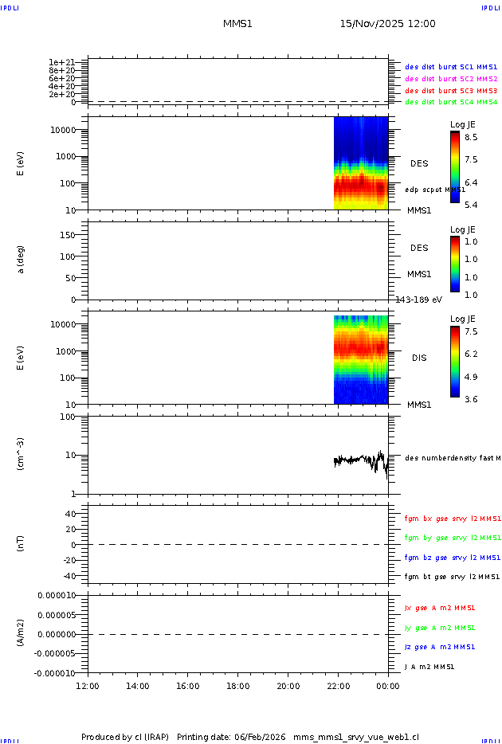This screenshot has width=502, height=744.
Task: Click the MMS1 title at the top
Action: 237,24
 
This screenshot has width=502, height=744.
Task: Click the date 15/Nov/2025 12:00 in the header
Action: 387,24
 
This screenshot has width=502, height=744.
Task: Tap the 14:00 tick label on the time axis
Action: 138,686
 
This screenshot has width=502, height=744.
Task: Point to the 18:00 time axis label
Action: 238,686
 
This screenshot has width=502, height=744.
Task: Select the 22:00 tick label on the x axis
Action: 338,686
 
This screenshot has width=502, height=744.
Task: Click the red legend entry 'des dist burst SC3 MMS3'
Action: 451,91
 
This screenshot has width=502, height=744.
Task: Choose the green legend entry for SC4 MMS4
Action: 451,102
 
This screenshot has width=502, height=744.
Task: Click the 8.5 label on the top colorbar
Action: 471,137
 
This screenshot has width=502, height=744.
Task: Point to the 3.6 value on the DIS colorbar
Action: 471,399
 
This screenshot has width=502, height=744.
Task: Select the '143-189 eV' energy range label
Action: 419,300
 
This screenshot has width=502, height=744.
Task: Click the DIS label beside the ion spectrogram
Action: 419,358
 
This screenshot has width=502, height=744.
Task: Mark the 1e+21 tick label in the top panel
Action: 61,62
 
